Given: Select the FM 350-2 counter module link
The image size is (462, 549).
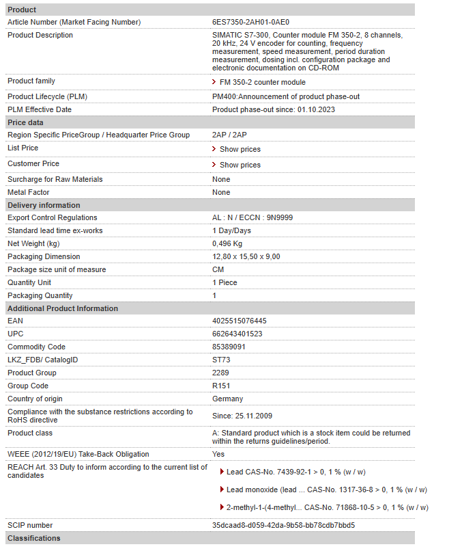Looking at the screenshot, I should (262, 82).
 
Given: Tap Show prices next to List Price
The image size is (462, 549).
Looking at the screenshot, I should (240, 149).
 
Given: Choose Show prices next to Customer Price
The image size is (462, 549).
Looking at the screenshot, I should (240, 165).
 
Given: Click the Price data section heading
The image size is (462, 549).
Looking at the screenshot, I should (25, 122).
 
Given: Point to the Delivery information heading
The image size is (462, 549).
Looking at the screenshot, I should (44, 205).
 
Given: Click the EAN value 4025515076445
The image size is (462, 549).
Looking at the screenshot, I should (240, 321).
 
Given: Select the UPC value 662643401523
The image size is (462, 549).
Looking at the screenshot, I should (237, 334).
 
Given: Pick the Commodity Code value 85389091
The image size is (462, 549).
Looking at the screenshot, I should (229, 347).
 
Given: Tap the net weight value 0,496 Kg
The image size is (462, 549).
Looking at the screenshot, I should (227, 243).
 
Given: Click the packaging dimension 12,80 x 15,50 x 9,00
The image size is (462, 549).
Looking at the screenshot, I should (246, 256).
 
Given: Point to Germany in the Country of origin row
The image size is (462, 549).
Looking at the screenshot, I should (227, 399).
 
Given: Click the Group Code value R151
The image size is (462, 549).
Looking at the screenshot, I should (221, 386).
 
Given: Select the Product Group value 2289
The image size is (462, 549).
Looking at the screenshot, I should (220, 373).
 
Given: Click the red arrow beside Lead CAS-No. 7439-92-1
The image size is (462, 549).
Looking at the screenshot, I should (222, 472).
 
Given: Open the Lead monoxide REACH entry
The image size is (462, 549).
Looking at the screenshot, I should (327, 490).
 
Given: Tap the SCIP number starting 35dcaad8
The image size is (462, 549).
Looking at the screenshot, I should (283, 525).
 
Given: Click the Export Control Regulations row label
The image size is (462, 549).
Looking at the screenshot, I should (53, 217).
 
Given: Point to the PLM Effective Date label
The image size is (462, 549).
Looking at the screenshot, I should (40, 109).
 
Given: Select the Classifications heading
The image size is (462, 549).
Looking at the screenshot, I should (34, 538).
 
